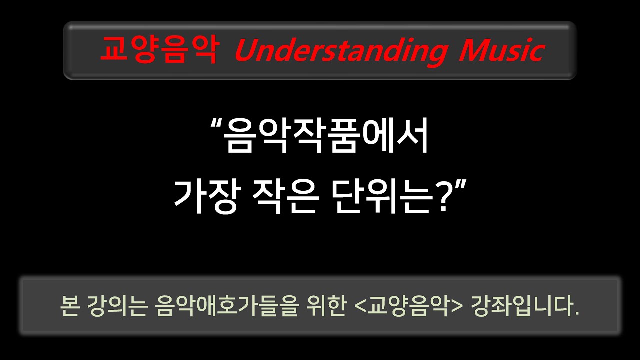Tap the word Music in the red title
tap(500, 50)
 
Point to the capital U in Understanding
tap(246, 50)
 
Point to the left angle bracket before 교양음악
tap(359, 305)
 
